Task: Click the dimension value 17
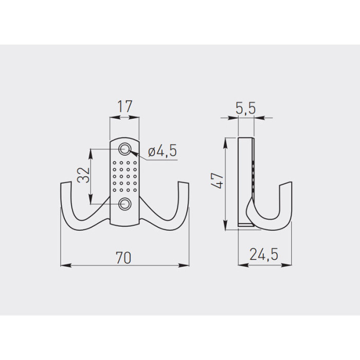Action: click(x=125, y=106)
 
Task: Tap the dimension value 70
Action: click(x=123, y=258)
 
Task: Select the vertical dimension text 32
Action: click(x=83, y=175)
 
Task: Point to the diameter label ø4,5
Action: click(x=163, y=151)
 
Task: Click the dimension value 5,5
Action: click(x=245, y=108)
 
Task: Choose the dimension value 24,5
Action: click(x=264, y=254)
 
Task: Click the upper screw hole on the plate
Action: click(x=124, y=149)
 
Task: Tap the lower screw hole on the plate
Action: click(x=124, y=204)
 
